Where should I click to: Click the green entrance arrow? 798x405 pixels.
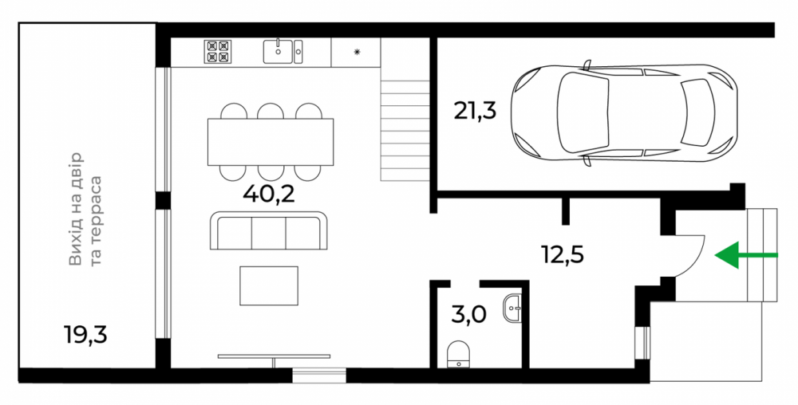(x=746, y=254)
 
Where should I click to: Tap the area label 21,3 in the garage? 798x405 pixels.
(x=475, y=110)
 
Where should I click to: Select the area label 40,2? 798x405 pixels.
(x=269, y=194)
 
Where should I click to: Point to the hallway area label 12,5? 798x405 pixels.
(x=563, y=254)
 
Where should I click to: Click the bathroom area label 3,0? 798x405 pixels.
(x=468, y=315)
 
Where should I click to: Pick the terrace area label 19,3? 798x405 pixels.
(x=85, y=334)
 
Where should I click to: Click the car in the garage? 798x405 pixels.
(x=624, y=114)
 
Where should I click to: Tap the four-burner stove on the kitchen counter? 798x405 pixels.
(x=218, y=51)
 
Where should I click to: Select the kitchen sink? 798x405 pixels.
(x=283, y=51)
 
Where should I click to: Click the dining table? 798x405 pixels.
(x=271, y=142)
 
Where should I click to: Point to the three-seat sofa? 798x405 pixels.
(x=269, y=230)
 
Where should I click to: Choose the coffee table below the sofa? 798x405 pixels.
(x=269, y=285)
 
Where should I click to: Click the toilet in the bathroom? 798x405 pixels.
(x=459, y=354)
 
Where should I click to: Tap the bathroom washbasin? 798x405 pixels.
(x=512, y=308)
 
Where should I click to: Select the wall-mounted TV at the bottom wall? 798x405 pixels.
(x=274, y=356)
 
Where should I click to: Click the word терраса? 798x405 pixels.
(x=96, y=221)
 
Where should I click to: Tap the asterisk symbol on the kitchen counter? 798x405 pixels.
(x=357, y=52)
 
